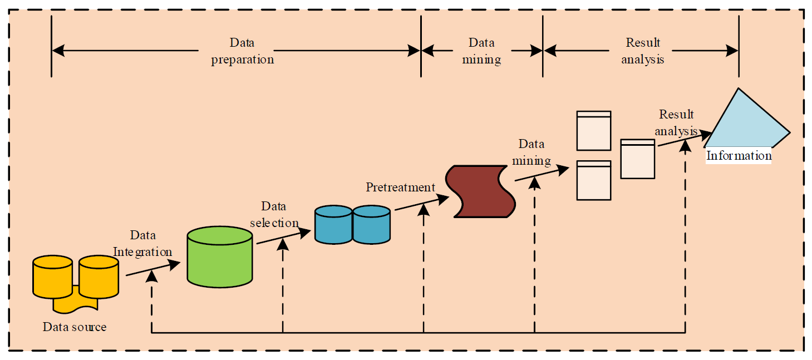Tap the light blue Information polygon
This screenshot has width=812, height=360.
(x=746, y=122)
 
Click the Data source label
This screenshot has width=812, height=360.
(x=74, y=327)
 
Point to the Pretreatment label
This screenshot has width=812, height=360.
(x=400, y=188)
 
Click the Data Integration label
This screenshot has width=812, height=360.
(x=142, y=244)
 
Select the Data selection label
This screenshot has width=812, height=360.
(x=274, y=215)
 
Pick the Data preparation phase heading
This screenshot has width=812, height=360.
(x=242, y=51)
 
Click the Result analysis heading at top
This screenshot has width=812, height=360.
(x=643, y=51)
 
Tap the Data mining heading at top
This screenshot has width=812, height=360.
(x=481, y=51)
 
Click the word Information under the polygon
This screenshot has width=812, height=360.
(x=739, y=156)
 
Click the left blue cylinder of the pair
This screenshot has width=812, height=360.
(x=333, y=225)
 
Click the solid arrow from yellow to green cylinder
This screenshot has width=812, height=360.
(x=152, y=269)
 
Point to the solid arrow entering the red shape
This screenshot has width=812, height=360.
(x=422, y=204)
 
